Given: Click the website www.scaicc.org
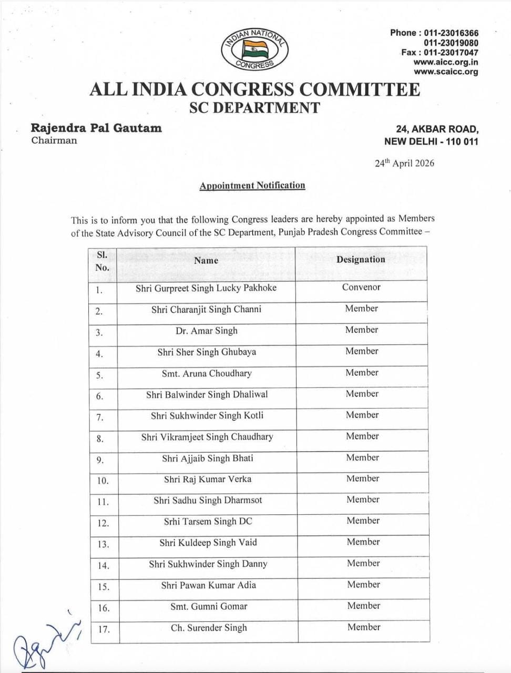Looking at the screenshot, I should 446,72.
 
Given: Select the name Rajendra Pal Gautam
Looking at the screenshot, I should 96,128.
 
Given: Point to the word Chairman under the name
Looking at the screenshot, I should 54,140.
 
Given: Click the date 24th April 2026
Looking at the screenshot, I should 404,163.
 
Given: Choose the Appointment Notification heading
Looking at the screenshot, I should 252,185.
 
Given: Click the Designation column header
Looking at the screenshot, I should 361,259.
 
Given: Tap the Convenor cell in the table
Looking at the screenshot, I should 361,287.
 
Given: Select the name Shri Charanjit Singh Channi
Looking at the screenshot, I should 206,309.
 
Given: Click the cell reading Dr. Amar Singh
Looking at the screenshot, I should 207,331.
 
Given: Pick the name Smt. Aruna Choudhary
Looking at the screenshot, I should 207,373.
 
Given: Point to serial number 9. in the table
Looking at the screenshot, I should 100,460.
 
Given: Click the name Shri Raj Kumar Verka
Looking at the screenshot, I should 208,479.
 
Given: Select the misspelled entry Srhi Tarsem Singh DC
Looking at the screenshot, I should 208,522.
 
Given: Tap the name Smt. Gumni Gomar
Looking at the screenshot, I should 209,606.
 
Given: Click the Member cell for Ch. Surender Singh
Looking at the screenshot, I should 364,627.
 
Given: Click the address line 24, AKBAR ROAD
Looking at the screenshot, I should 437,129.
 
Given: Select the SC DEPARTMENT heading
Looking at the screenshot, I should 254,108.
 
